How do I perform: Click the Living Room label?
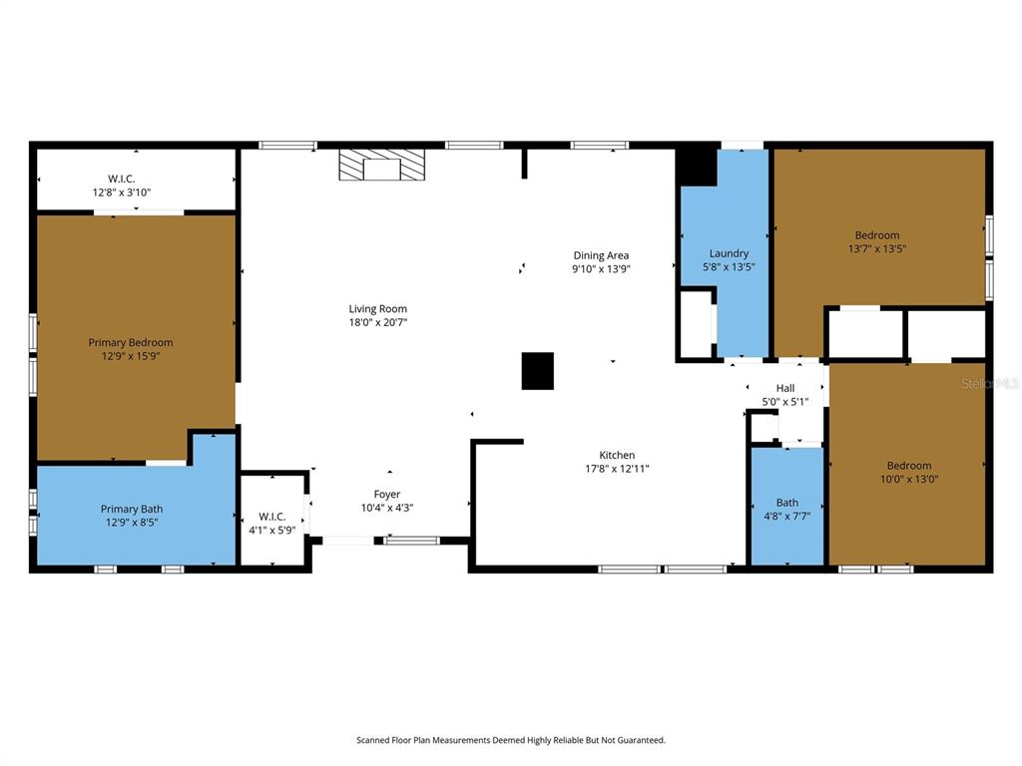(377, 309)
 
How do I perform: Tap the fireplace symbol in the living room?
(381, 166)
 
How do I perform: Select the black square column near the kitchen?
(537, 371)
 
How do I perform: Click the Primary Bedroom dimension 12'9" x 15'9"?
(130, 356)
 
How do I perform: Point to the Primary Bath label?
(131, 509)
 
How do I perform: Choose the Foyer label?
(387, 495)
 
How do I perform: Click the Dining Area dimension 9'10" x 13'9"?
(601, 269)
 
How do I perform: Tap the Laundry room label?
(729, 253)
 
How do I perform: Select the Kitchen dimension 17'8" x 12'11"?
(617, 469)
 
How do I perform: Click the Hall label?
(785, 388)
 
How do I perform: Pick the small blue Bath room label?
(787, 503)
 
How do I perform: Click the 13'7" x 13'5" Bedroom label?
(876, 235)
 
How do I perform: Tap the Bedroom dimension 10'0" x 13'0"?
(908, 479)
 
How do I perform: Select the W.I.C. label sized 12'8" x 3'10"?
(122, 179)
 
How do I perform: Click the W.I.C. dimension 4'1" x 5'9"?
(272, 530)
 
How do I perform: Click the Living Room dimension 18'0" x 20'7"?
(377, 323)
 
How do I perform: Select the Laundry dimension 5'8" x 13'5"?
(729, 267)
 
